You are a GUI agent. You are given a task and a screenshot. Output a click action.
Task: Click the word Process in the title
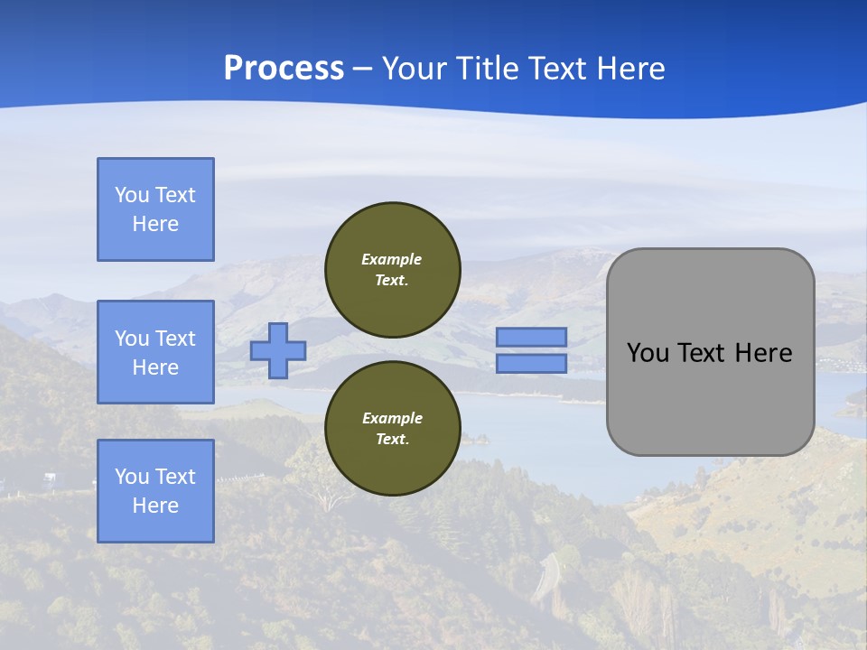tap(284, 69)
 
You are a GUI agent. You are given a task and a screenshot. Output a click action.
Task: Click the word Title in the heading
tap(486, 69)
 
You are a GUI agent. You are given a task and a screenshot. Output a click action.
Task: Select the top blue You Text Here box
tap(155, 209)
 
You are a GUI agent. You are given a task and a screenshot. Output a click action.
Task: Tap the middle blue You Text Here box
tap(155, 352)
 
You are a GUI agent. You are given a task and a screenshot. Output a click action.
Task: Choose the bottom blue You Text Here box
tap(155, 491)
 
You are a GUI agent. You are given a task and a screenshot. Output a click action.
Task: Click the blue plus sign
tap(278, 350)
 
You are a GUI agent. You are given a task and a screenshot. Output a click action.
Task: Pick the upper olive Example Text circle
tap(392, 270)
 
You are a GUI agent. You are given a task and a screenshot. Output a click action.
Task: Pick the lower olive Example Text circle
tap(392, 429)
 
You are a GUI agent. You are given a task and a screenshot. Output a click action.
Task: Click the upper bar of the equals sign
tap(531, 337)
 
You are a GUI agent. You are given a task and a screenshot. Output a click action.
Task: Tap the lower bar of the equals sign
tap(531, 363)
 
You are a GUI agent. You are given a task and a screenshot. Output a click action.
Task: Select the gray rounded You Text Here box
tap(710, 397)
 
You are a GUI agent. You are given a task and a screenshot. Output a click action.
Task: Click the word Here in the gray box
tap(763, 353)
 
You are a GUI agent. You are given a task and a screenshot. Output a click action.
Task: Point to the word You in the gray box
tap(647, 353)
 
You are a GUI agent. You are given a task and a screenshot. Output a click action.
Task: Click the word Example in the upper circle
tap(392, 260)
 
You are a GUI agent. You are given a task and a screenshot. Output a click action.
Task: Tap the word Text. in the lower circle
tap(392, 440)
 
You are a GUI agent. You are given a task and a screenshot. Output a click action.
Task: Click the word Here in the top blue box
tap(155, 224)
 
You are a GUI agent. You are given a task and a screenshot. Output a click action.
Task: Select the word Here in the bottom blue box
tap(155, 506)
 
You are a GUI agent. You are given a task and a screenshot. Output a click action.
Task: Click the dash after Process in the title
tap(362, 69)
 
